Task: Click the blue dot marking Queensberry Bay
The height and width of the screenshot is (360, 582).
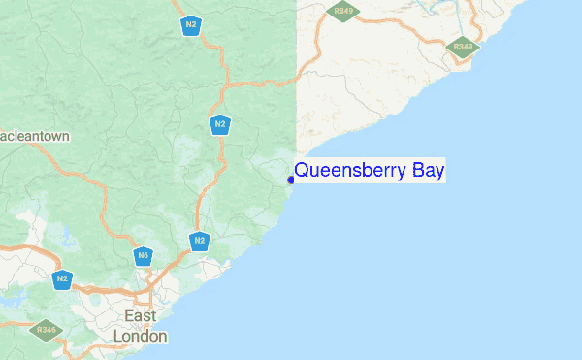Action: tap(291, 180)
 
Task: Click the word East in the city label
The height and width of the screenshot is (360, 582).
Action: tap(142, 316)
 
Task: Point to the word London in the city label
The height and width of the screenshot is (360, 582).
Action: tap(141, 336)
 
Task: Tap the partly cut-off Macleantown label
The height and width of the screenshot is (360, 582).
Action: tap(35, 137)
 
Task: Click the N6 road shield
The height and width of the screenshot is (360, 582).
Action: tap(143, 256)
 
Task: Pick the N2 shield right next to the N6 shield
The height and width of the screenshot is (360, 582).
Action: tap(199, 241)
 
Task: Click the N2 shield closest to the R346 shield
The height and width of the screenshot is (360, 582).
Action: tap(62, 279)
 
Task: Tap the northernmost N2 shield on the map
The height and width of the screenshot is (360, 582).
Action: tap(192, 26)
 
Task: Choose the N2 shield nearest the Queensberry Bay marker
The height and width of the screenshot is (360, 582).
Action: tap(220, 125)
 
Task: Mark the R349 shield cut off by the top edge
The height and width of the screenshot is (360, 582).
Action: tap(342, 10)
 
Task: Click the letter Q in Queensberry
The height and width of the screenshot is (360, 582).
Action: tap(302, 171)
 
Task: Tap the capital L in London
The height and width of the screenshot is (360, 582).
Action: tap(119, 336)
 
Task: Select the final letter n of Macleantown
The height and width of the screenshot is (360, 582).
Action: tap(65, 137)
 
